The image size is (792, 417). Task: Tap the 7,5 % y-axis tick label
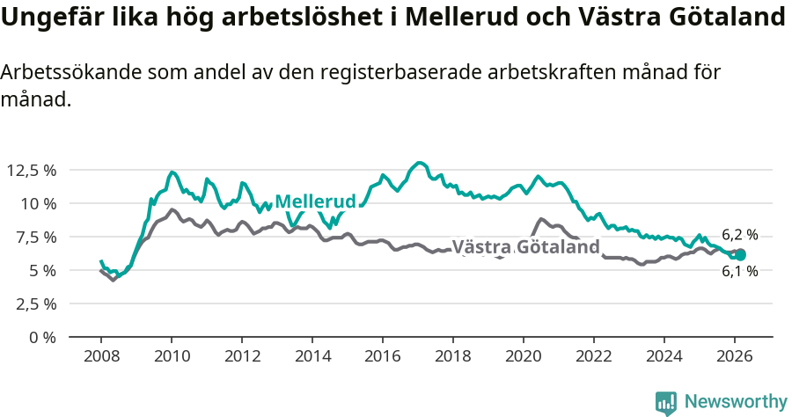point(33,237)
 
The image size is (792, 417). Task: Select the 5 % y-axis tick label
point(41,270)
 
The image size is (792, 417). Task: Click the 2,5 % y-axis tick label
point(33,304)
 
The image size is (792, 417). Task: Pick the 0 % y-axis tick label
point(41,337)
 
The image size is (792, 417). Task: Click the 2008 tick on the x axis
point(101,355)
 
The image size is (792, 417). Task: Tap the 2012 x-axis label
point(242,355)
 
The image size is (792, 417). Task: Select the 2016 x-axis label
point(383,355)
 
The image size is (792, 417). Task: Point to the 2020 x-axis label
point(524,355)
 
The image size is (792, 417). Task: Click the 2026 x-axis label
point(735,355)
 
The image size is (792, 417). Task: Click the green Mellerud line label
point(315,201)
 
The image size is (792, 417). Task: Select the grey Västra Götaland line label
point(525,247)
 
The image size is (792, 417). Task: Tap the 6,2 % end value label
point(739,235)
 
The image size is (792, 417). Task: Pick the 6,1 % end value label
point(739,272)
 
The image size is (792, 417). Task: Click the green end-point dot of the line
point(740,255)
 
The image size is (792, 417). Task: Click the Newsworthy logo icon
point(666,402)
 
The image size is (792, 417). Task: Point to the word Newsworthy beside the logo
point(735,402)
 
